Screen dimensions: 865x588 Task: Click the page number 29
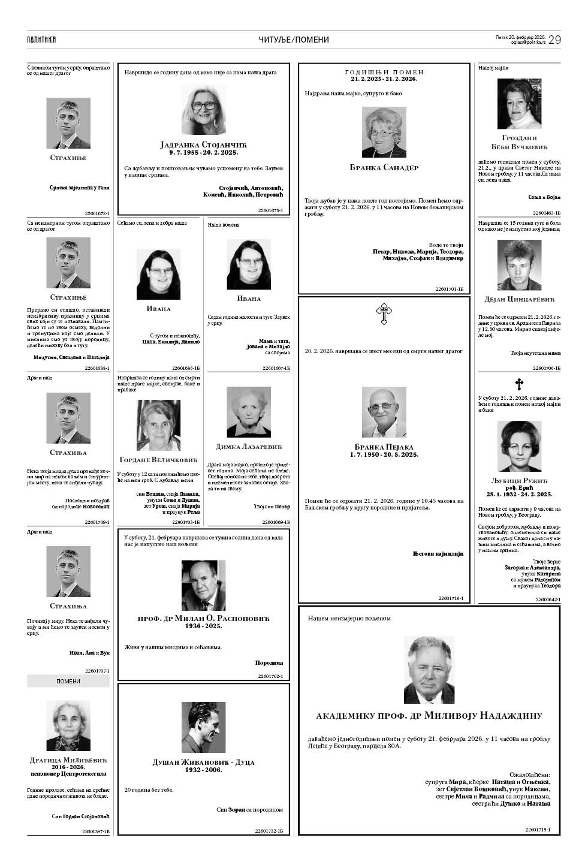point(554,40)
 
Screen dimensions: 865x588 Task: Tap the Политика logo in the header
point(41,40)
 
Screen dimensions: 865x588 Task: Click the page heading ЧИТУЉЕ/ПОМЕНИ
point(294,40)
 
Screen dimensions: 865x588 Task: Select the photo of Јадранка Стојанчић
point(203,109)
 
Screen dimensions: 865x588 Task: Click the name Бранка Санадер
point(384,168)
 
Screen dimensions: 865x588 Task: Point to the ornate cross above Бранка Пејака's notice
point(383,314)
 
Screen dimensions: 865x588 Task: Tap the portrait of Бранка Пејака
point(384,412)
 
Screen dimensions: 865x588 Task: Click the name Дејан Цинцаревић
point(519,299)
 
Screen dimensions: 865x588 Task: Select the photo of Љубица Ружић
point(519,447)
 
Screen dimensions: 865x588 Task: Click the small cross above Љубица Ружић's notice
point(519,384)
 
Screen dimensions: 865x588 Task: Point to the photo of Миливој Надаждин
point(429,670)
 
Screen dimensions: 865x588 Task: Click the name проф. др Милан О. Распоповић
point(204,618)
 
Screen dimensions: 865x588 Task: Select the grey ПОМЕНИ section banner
point(68,681)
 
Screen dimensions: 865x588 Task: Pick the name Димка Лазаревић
point(249,447)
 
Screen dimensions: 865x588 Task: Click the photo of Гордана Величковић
point(158,425)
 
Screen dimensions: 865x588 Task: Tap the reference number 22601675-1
point(270,210)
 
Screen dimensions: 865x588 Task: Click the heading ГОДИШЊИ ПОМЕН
point(384,73)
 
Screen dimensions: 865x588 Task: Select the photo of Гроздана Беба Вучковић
point(519,104)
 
